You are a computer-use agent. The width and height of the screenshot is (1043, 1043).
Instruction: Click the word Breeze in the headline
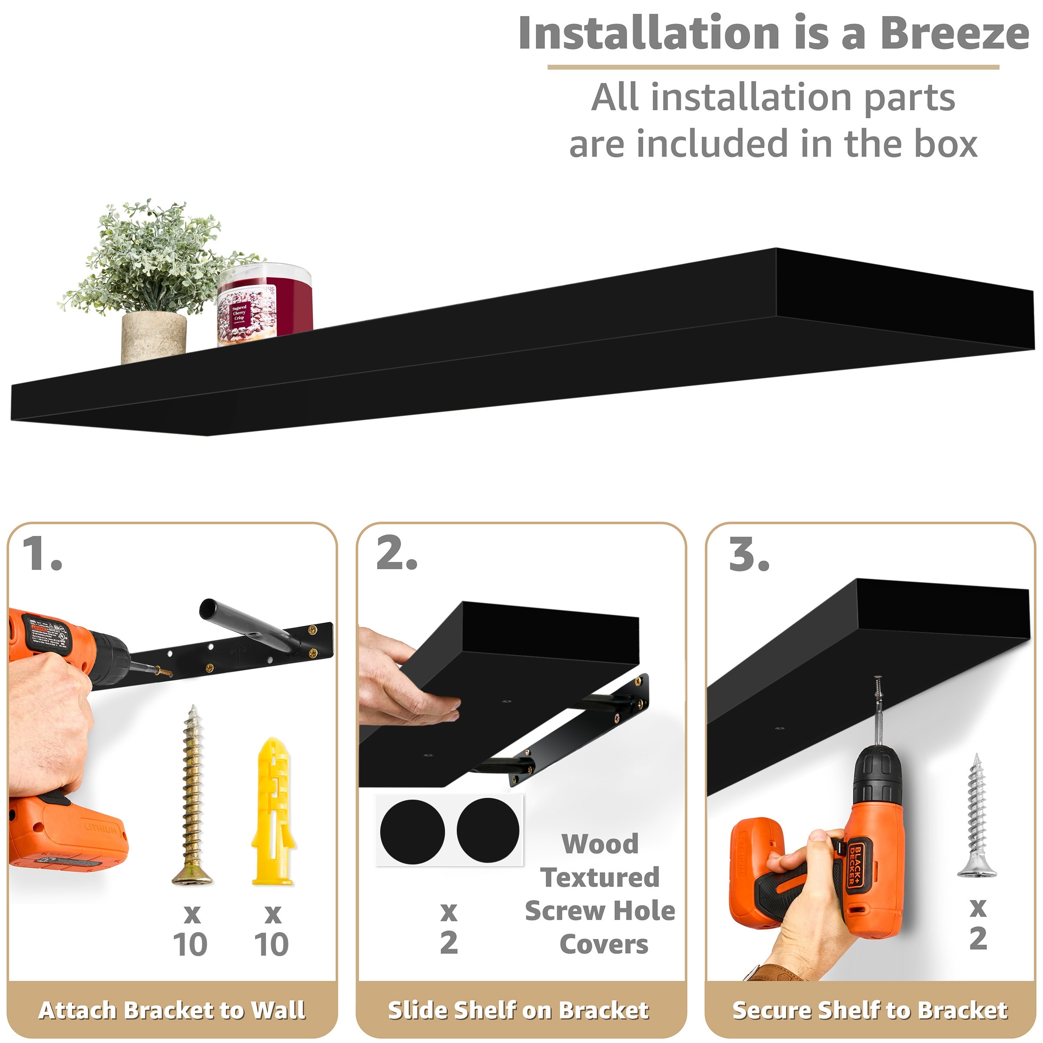pyautogui.click(x=954, y=33)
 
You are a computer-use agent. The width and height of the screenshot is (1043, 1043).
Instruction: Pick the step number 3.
pyautogui.click(x=748, y=555)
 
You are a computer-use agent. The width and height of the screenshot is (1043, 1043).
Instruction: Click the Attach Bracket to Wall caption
pyautogui.click(x=172, y=1010)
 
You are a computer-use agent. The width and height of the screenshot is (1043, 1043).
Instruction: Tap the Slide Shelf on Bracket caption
pyautogui.click(x=518, y=1010)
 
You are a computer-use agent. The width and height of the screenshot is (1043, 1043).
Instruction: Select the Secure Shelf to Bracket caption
pyautogui.click(x=870, y=1010)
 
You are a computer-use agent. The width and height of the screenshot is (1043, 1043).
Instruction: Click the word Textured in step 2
pyautogui.click(x=600, y=877)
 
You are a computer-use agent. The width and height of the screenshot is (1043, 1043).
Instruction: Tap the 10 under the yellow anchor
pyautogui.click(x=272, y=945)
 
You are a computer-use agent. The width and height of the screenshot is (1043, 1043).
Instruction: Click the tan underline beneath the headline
pyautogui.click(x=773, y=67)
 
